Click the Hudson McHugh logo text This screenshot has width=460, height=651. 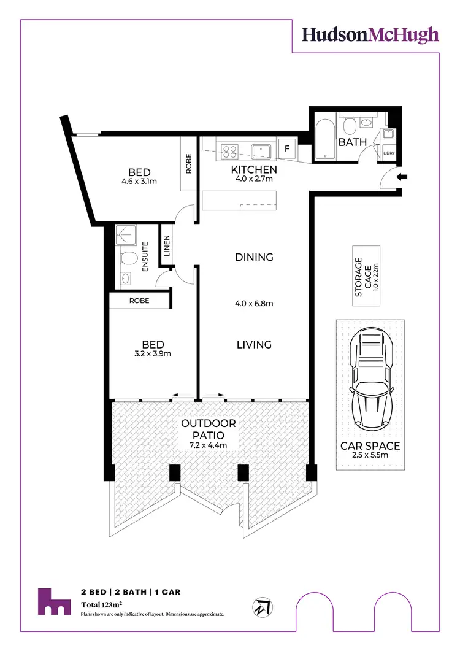(x=370, y=35)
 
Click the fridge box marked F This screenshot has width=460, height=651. (x=286, y=148)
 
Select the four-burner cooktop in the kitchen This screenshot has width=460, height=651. (x=230, y=150)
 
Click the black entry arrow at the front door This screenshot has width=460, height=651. (x=402, y=178)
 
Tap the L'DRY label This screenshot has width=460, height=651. (x=389, y=153)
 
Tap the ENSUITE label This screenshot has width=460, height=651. (x=146, y=257)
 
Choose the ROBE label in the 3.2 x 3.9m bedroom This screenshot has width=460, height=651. (x=138, y=301)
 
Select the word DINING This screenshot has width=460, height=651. (x=254, y=257)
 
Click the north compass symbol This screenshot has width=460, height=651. (x=262, y=607)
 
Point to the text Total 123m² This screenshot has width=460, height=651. (x=102, y=605)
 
